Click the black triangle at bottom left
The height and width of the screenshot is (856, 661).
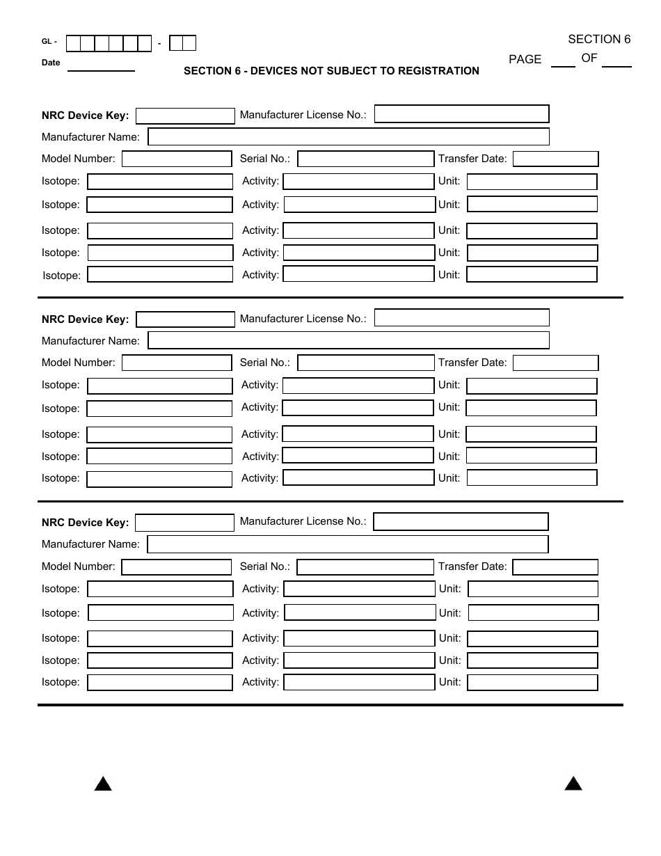point(103,784)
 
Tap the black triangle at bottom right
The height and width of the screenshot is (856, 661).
point(573,784)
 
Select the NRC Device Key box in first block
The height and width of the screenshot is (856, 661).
point(185,116)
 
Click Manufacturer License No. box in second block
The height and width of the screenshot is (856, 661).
point(461,318)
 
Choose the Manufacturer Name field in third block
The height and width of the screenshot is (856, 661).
point(348,544)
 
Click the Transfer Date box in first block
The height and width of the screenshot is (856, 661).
point(555,159)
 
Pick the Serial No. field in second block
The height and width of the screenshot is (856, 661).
point(365,363)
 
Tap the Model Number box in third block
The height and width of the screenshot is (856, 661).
point(176,567)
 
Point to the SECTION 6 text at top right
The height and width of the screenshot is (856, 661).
point(599,40)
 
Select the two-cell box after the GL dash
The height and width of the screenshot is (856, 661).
point(183,43)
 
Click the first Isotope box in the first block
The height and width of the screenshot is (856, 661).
point(160,182)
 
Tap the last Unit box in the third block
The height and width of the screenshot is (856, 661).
point(532,683)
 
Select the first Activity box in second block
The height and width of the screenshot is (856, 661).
point(358,386)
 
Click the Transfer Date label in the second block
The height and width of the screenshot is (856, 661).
point(472,363)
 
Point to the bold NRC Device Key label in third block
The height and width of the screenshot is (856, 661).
point(85,523)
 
